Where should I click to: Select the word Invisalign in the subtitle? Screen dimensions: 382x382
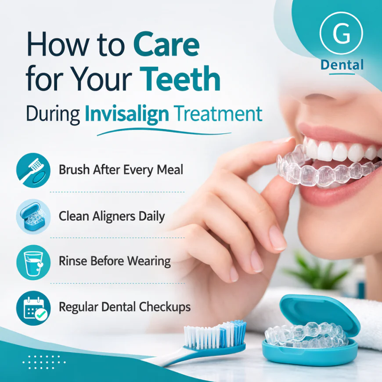(x=126, y=113)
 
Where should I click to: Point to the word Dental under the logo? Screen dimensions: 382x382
(x=342, y=65)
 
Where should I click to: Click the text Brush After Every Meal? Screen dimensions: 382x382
(x=121, y=170)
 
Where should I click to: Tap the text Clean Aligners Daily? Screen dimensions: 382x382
(x=112, y=216)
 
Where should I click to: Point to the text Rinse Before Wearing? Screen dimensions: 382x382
(x=115, y=261)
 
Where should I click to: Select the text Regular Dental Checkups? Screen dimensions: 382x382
(x=125, y=307)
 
